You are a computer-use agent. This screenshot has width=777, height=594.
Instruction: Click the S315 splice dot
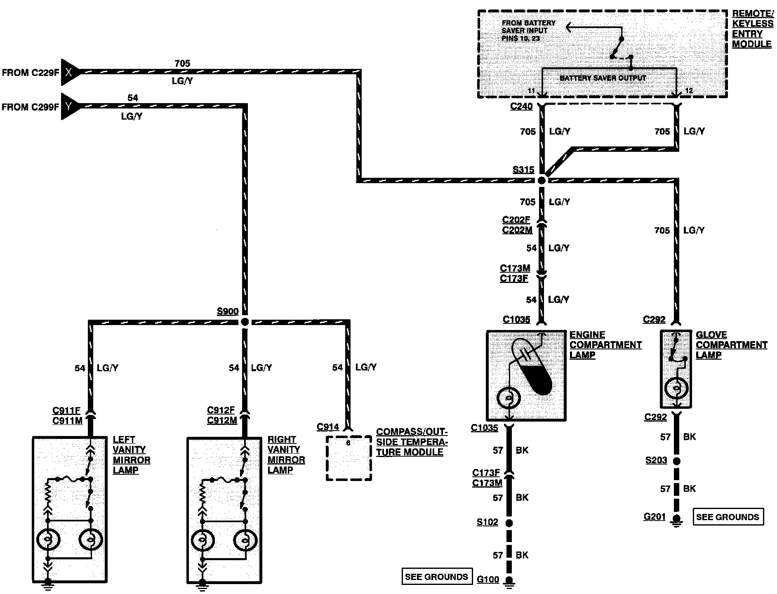click(x=542, y=180)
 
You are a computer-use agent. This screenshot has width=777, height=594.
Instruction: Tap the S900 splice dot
click(x=245, y=322)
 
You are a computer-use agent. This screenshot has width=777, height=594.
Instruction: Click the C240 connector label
click(x=521, y=106)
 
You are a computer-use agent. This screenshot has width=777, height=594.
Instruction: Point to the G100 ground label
click(x=488, y=579)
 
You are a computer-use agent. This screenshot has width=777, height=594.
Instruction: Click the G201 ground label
click(x=655, y=516)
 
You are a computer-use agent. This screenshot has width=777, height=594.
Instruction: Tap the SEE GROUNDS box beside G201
click(x=728, y=517)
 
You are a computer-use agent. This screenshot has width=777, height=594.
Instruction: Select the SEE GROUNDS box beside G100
click(x=437, y=576)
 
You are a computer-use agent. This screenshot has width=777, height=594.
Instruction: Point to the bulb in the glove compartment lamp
click(x=676, y=388)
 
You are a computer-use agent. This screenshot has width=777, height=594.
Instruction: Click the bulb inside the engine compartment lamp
click(x=509, y=398)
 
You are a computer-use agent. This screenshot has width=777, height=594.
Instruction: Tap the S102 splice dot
click(x=509, y=523)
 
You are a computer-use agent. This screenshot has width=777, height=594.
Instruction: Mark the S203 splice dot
click(x=676, y=460)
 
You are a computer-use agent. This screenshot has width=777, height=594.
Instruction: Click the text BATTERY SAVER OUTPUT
click(x=603, y=78)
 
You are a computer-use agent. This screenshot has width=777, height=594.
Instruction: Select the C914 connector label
click(x=328, y=427)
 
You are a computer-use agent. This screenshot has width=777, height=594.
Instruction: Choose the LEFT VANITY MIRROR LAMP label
click(x=132, y=455)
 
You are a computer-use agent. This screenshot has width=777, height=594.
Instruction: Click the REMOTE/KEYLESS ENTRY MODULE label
click(x=753, y=29)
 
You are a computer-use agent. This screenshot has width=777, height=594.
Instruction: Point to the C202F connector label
click(x=516, y=220)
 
